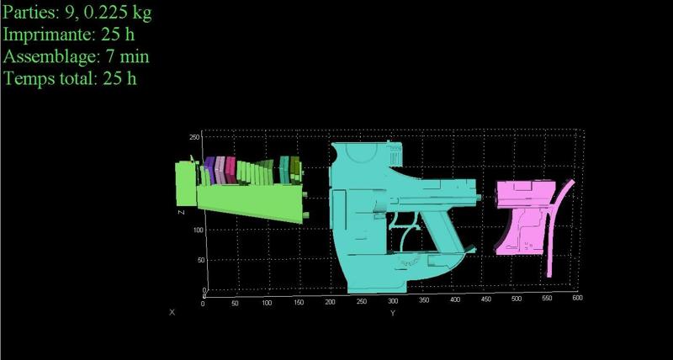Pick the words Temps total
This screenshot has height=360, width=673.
50,78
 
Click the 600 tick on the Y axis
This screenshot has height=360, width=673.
578,298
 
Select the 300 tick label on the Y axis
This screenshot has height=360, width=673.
393,300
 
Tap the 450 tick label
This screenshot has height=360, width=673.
486,299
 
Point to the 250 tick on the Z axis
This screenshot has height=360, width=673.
194,137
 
